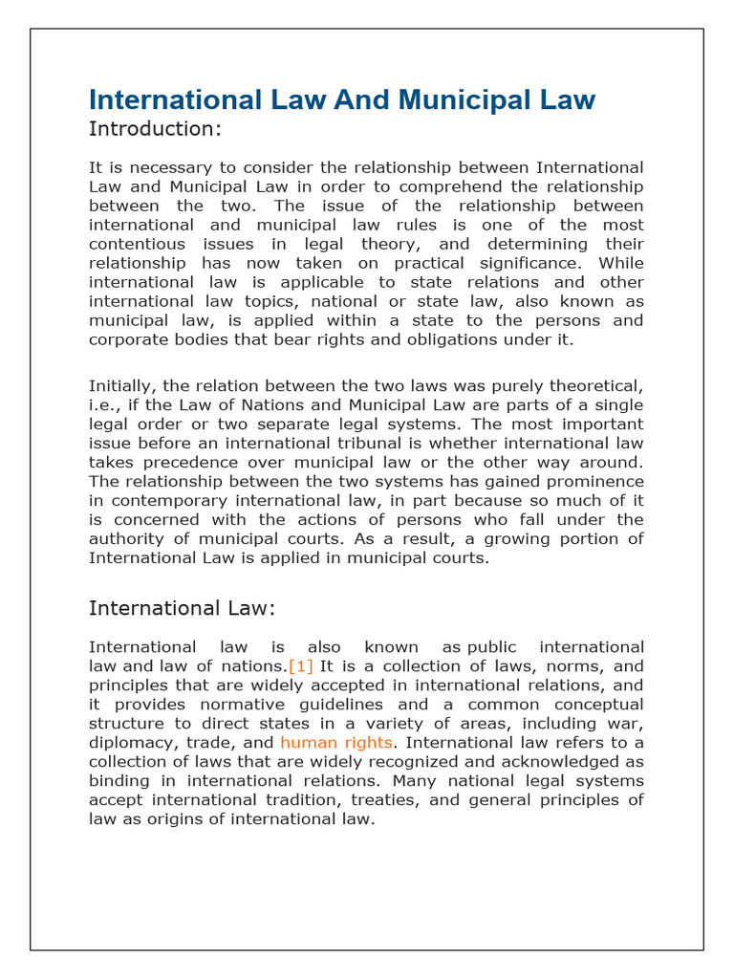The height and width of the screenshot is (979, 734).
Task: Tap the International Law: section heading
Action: tap(182, 608)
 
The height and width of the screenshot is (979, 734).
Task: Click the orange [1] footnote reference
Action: tap(300, 666)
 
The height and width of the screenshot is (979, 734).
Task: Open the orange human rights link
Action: tap(335, 743)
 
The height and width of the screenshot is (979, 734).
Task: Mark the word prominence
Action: tap(593, 481)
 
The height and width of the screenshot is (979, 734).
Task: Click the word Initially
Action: tap(122, 385)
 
